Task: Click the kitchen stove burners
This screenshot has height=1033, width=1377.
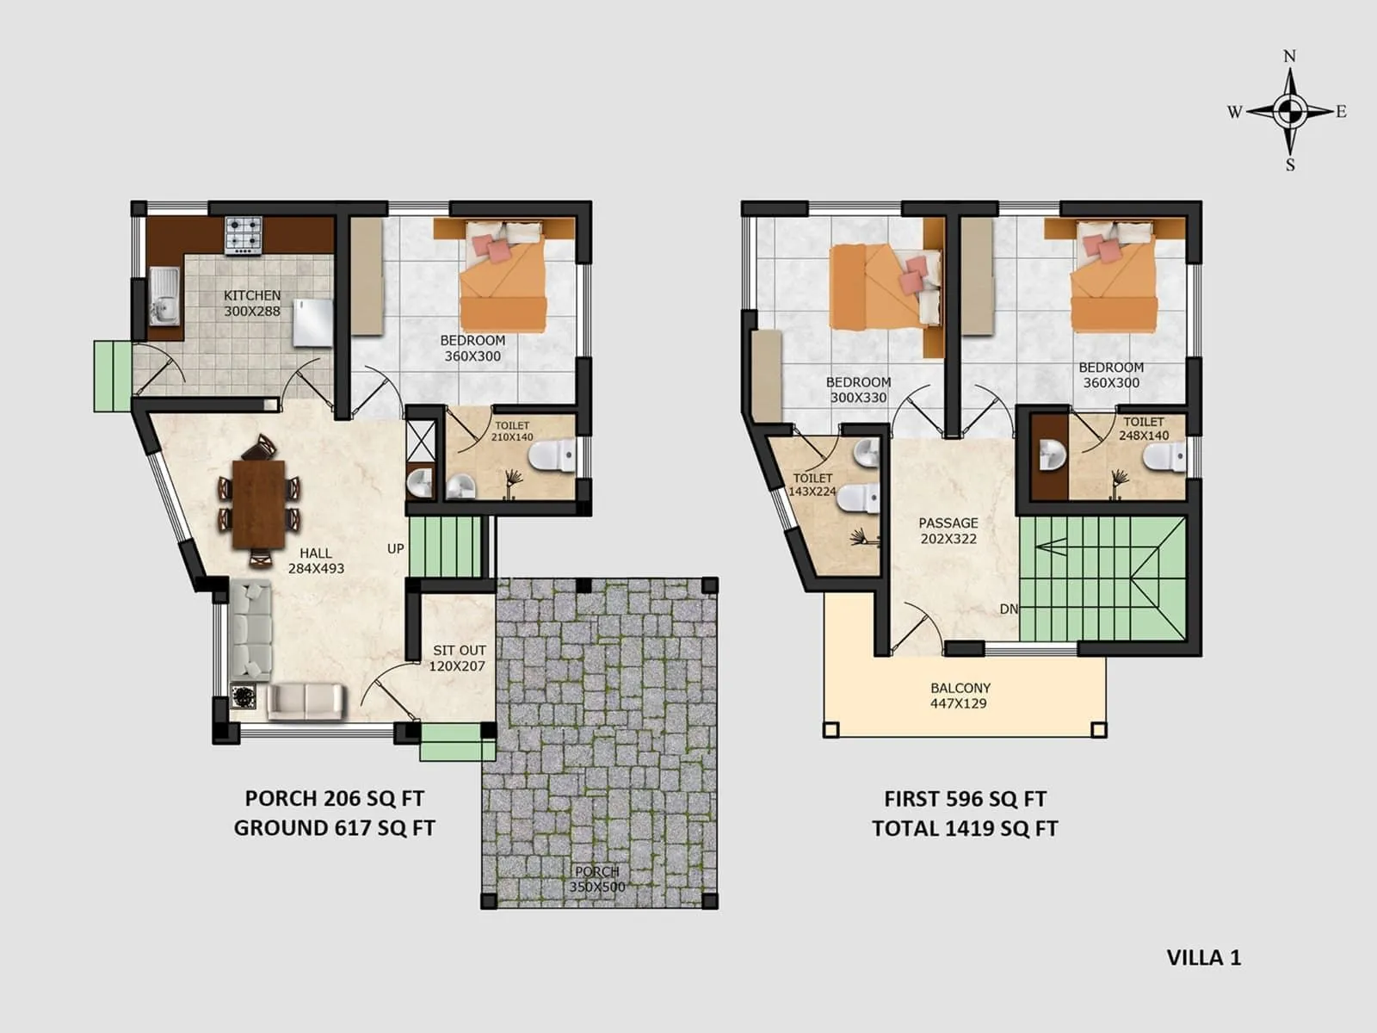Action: [244, 235]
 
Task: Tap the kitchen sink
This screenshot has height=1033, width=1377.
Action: [164, 297]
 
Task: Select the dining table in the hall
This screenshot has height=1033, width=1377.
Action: [258, 504]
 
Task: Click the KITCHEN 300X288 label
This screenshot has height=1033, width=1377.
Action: [252, 303]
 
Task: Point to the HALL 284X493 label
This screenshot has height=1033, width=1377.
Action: [316, 560]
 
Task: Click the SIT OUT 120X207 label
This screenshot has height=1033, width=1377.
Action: [459, 658]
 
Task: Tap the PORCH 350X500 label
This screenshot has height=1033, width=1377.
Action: [597, 879]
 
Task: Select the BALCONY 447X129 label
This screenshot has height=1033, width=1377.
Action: [960, 696]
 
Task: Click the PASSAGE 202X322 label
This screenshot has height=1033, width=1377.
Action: [948, 530]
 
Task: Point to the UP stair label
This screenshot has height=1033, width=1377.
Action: [395, 548]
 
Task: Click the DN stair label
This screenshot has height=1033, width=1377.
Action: [1009, 609]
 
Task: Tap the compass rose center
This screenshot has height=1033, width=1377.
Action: [1289, 110]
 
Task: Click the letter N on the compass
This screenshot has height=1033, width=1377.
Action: [1289, 57]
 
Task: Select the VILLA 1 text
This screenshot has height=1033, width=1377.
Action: [1203, 957]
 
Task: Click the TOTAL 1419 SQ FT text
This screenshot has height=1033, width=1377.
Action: [965, 828]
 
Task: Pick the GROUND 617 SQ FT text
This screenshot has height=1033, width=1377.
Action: [335, 828]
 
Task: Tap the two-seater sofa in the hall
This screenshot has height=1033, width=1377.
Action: [306, 701]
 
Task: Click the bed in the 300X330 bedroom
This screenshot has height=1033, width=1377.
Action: [885, 288]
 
